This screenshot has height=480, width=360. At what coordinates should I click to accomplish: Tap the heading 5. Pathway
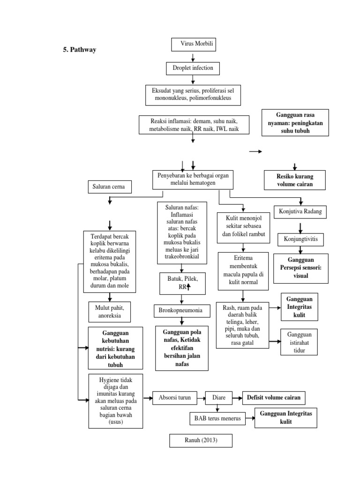tap(80, 50)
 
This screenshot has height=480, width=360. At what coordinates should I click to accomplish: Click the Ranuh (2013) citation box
tap(200, 441)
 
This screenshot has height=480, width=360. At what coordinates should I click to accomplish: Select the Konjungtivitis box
tap(300, 239)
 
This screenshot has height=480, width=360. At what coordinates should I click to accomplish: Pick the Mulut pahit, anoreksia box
tap(109, 311)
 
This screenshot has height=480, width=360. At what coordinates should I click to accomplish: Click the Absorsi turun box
tap(174, 398)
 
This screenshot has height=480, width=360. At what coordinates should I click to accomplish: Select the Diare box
tap(219, 398)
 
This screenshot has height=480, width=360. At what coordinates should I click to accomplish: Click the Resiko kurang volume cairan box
tap(294, 180)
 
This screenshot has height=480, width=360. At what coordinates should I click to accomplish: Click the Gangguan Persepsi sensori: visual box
tap(300, 269)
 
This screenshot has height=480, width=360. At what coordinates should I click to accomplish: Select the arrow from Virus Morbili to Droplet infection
tap(193, 58)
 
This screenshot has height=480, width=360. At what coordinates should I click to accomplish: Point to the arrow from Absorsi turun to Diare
tap(202, 398)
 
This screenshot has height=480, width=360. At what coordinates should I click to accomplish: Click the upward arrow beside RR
tap(188, 287)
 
